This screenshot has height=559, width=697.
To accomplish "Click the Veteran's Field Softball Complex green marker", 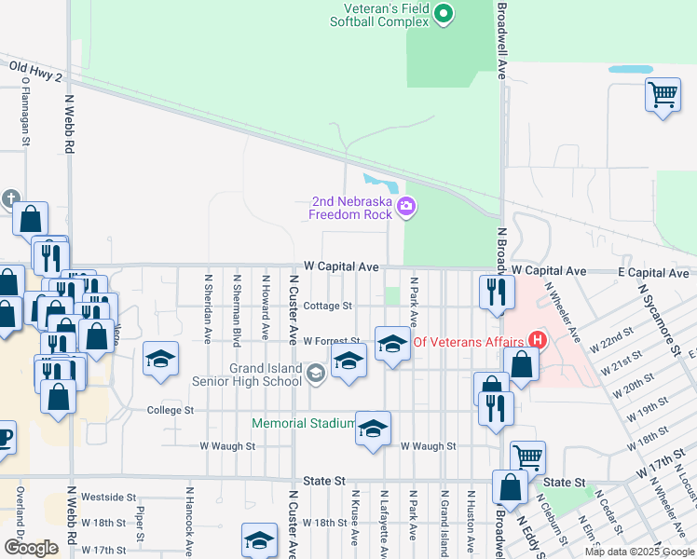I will (444, 13).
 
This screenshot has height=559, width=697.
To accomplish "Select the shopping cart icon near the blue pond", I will (662, 94).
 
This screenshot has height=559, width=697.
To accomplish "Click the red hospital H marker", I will (536, 340).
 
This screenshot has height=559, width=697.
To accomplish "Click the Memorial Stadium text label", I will (304, 424).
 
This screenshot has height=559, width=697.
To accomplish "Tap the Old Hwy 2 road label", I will (35, 71).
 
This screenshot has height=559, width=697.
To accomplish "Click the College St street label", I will (170, 410).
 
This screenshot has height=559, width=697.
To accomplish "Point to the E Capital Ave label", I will (652, 272).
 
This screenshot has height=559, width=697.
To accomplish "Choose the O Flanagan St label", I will (22, 110).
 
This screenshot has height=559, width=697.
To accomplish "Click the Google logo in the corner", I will (31, 548).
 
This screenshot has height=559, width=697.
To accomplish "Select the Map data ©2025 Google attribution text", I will (638, 552).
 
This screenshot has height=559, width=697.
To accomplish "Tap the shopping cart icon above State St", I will (527, 457).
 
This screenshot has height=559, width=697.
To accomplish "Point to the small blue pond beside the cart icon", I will (631, 69).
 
